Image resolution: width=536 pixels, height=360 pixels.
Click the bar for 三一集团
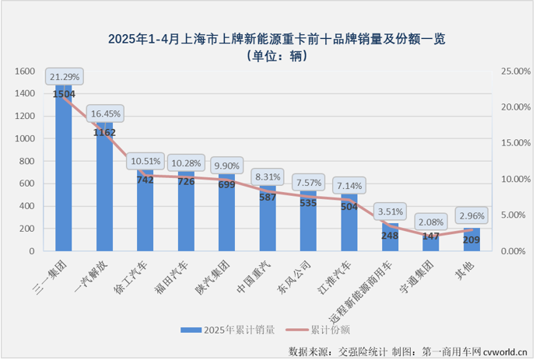(65, 171)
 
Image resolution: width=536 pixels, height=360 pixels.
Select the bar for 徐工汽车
(145, 214)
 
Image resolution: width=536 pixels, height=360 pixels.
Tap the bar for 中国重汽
(268, 222)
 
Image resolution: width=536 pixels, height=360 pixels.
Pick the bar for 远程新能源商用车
(390, 238)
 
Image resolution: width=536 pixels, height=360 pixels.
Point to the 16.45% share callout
(104, 114)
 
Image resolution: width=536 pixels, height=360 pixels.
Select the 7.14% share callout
(349, 187)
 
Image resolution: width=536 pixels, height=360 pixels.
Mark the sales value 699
(227, 186)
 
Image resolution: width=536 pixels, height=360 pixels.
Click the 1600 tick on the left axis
(26, 72)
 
